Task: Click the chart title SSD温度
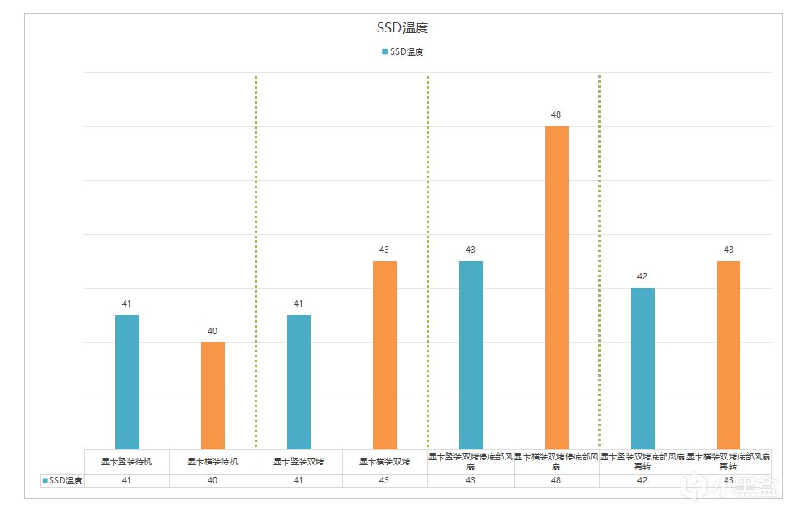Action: (403, 28)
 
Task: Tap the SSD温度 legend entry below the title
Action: (403, 51)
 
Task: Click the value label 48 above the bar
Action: (556, 114)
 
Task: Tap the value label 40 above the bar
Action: (212, 331)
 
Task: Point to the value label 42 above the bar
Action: (642, 276)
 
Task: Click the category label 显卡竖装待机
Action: (127, 462)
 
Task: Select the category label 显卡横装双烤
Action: (384, 462)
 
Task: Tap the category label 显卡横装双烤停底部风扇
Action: (556, 461)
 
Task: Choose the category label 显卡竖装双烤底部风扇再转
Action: (642, 461)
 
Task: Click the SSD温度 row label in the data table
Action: (62, 480)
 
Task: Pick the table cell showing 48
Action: (556, 480)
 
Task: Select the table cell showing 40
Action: (212, 480)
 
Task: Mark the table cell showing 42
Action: (642, 480)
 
